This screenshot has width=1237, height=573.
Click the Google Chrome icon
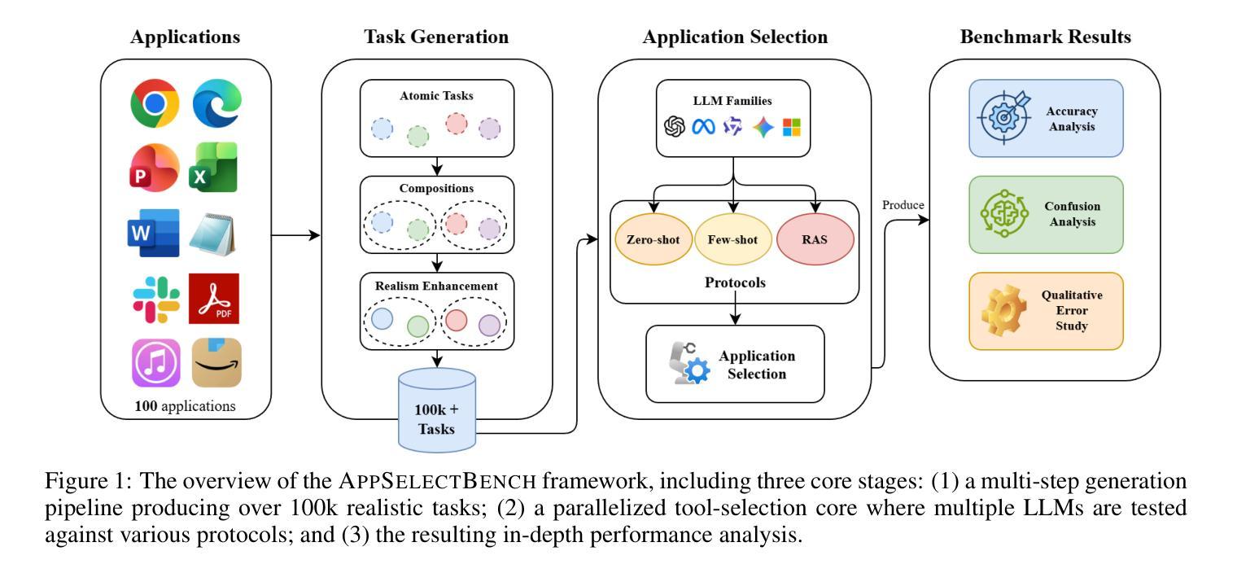pos(155,103)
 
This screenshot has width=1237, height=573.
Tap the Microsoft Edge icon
pos(216,103)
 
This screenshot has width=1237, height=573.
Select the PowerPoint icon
pos(155,167)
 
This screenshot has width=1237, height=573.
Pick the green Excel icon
pos(214,168)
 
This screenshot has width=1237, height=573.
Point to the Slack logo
pos(156,299)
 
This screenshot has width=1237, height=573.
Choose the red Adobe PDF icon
pos(214,299)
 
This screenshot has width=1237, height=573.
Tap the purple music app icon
pos(156,362)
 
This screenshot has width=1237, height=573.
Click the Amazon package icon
pos(216,362)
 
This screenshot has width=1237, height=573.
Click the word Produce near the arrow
pos(903,205)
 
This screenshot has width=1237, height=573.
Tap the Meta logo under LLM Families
pos(703,127)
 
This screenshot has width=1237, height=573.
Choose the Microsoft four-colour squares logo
pos(791,127)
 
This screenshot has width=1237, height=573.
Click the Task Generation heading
pos(436,37)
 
